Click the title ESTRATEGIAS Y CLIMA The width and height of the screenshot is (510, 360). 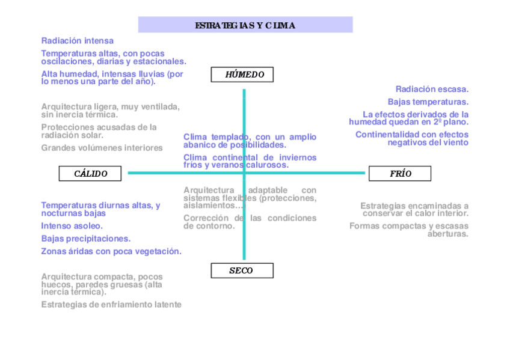pos(245,25)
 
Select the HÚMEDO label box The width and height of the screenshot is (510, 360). pos(242,75)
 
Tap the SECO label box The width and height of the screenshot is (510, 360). pos(242,270)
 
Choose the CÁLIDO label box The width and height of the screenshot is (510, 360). pos(90,174)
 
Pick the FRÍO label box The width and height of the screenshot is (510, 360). pos(401,174)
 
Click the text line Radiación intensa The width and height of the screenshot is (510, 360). pos(77,41)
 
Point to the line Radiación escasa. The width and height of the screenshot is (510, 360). pos(432,89)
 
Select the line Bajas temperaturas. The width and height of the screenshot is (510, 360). pos(428,102)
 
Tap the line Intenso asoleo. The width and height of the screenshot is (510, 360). pos(72,226)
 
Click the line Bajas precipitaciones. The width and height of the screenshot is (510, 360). pos(85,239)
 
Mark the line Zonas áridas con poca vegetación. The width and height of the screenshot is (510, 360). pos(111,251)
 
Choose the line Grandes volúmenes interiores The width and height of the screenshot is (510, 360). pos(102,148)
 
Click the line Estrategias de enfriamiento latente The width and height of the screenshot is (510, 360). pos(111,305)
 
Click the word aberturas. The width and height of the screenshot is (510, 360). pos(447,234)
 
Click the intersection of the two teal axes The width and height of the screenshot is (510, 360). pos(244,173)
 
